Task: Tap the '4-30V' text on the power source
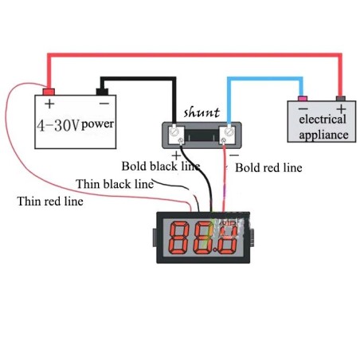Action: click(57, 125)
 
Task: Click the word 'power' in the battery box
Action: click(98, 125)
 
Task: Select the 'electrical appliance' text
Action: click(323, 127)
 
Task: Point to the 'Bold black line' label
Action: click(160, 166)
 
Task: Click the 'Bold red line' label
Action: click(268, 168)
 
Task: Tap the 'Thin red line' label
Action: click(50, 201)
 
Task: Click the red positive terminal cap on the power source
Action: click(49, 90)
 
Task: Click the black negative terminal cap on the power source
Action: click(103, 90)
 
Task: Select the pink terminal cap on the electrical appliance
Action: click(303, 99)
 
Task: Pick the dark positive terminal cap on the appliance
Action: click(341, 99)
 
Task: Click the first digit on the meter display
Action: click(180, 237)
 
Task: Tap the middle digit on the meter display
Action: click(203, 237)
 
